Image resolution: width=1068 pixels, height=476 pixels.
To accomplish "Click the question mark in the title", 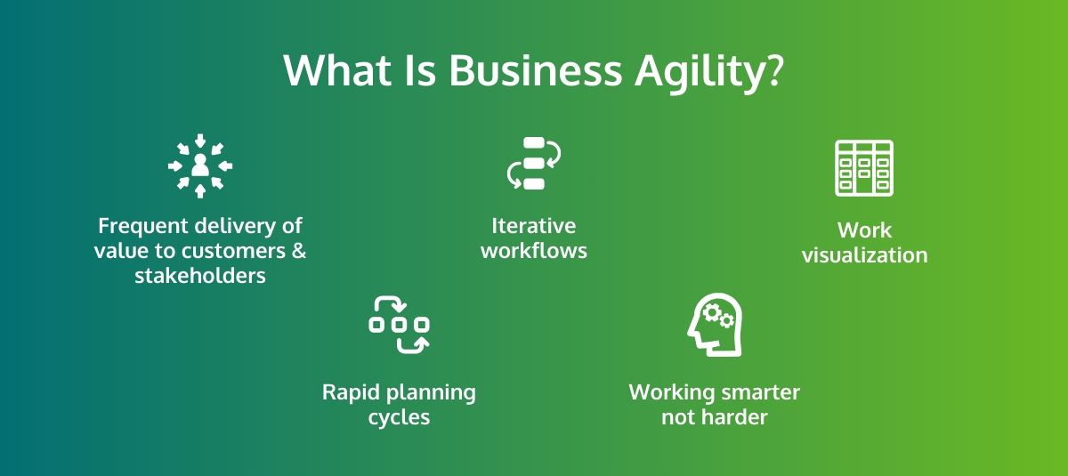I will pyautogui.click(x=773, y=70).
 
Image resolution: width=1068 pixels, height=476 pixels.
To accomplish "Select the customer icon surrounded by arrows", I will pyautogui.click(x=200, y=165).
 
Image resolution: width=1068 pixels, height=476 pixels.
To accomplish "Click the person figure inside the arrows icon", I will pyautogui.click(x=200, y=165).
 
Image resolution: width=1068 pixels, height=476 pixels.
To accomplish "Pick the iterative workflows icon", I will pyautogui.click(x=534, y=164).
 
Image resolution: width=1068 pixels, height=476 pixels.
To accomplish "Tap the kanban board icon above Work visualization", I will pyautogui.click(x=864, y=168).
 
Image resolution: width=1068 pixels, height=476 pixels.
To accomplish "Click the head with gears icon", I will pyautogui.click(x=714, y=325).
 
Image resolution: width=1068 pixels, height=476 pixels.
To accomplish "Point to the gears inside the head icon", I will pyautogui.click(x=717, y=316).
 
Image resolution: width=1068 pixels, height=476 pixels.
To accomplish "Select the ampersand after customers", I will pyautogui.click(x=299, y=251).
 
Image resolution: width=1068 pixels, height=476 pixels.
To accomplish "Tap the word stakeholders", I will pyautogui.click(x=200, y=276).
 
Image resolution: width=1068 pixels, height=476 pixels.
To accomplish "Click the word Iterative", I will pyautogui.click(x=534, y=226).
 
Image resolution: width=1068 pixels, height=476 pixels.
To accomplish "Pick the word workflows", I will pyautogui.click(x=534, y=251).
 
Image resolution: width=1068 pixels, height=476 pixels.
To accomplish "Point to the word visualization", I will pyautogui.click(x=864, y=255).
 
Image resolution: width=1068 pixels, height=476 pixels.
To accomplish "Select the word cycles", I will pyautogui.click(x=399, y=417).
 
